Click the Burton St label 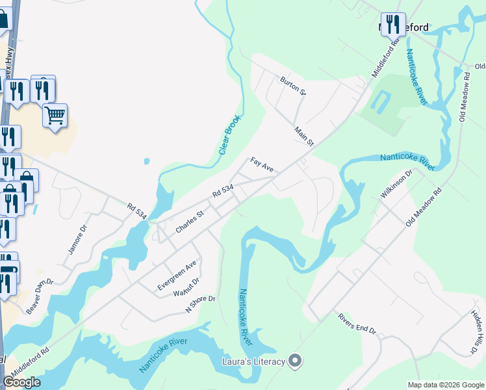point(292,85)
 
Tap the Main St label point(304,136)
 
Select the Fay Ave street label point(262,164)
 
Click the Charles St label point(190,221)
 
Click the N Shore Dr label point(200,304)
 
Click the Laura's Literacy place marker point(296,360)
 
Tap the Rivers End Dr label point(357,323)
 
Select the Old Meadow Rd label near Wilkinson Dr point(424,207)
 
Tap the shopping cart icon point(55,116)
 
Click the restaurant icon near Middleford point(392,24)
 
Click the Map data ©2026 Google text point(445,384)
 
